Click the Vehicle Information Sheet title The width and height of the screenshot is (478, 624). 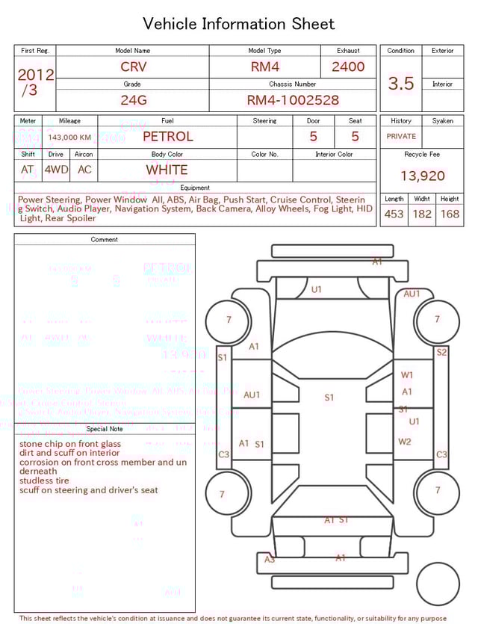pyautogui.click(x=238, y=24)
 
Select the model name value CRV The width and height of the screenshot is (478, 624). pyautogui.click(x=134, y=67)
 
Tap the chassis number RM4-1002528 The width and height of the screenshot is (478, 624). pyautogui.click(x=293, y=99)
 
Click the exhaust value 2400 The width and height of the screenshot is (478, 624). pyautogui.click(x=348, y=67)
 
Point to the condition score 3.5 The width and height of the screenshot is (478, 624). pyautogui.click(x=400, y=83)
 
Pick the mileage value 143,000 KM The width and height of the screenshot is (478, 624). pyautogui.click(x=69, y=138)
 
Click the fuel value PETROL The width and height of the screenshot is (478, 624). pyautogui.click(x=167, y=137)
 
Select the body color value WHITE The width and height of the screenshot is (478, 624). pyautogui.click(x=167, y=170)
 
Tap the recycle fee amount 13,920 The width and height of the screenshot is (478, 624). pyautogui.click(x=422, y=176)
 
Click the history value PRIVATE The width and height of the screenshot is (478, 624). pyautogui.click(x=401, y=137)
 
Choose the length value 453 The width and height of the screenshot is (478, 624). pyautogui.click(x=394, y=214)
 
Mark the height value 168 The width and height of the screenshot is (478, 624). pyautogui.click(x=450, y=214)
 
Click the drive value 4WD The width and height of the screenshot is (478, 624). pyautogui.click(x=56, y=170)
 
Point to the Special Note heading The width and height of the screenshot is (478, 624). pyautogui.click(x=105, y=429)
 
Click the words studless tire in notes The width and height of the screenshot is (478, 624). pyautogui.click(x=44, y=481)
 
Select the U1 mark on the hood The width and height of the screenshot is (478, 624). pyautogui.click(x=317, y=289)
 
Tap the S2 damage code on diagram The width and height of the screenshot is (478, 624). pyautogui.click(x=441, y=352)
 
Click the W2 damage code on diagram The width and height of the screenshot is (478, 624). pyautogui.click(x=405, y=442)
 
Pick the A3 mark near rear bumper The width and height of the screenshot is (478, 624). pyautogui.click(x=270, y=559)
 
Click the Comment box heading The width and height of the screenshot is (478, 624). pyautogui.click(x=105, y=240)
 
